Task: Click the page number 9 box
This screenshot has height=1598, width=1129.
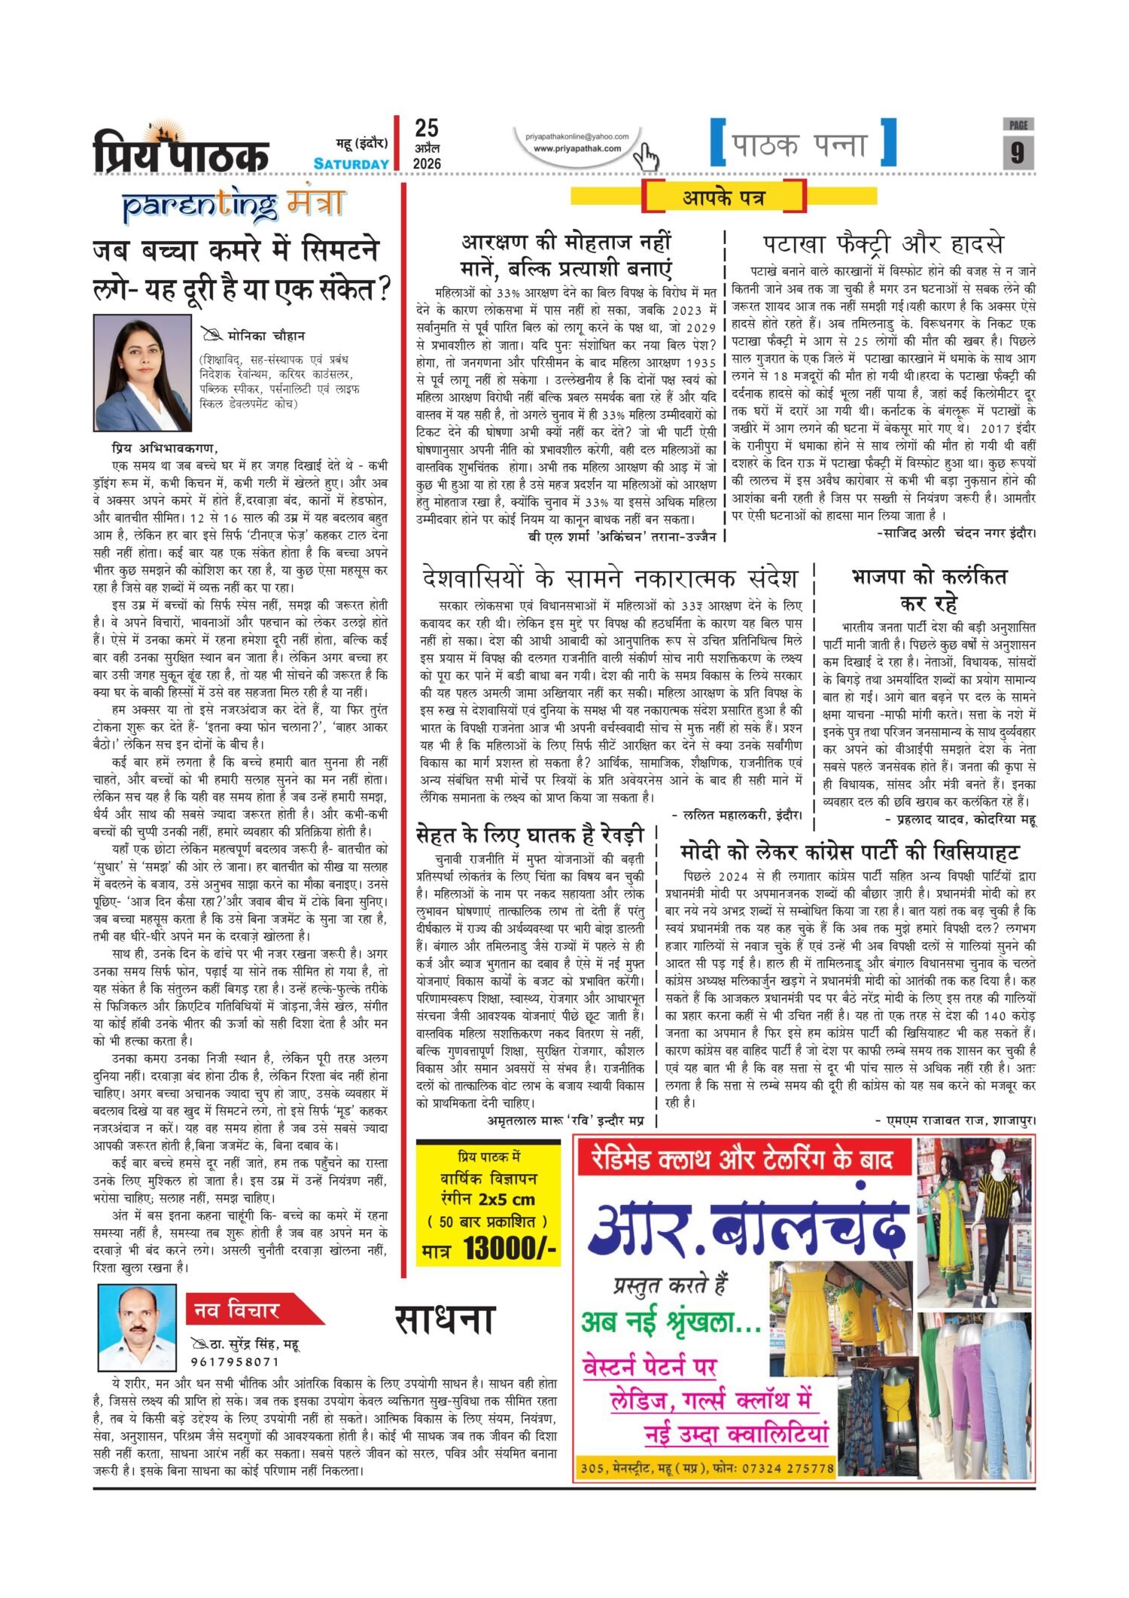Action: point(1018,151)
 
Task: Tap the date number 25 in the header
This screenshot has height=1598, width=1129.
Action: point(426,128)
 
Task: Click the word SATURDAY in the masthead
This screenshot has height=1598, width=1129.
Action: point(351,163)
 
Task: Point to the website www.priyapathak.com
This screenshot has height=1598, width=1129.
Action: point(577,148)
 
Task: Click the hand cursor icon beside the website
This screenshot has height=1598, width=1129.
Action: point(645,157)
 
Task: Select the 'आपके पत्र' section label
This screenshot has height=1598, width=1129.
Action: point(724,198)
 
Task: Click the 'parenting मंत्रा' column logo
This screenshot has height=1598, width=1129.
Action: point(234,204)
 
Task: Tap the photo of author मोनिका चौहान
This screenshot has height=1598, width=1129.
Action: point(142,373)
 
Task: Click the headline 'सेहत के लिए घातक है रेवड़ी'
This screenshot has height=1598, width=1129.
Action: point(530,834)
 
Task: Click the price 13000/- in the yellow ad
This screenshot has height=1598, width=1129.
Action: point(510,1248)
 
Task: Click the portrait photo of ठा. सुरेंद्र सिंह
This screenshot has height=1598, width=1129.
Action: point(137,1328)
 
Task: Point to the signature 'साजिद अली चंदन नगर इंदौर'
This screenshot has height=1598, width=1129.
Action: point(956,533)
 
